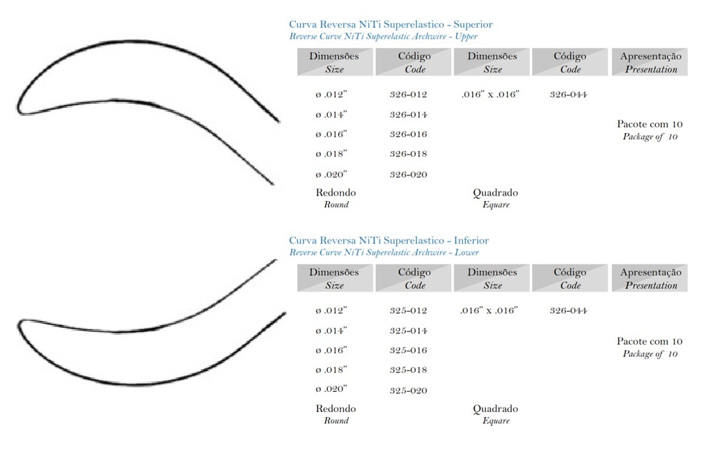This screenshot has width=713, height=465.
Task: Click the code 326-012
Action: [408, 95]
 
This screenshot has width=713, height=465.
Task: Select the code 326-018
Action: [408, 154]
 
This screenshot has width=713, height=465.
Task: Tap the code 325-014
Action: [408, 331]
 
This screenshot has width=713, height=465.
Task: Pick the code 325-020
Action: [408, 391]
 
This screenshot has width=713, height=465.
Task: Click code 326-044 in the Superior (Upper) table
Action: [568, 95]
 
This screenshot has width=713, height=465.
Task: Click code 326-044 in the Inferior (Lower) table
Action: [568, 310]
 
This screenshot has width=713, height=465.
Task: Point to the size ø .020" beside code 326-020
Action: [331, 175]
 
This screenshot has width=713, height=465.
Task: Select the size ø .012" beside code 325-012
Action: [331, 310]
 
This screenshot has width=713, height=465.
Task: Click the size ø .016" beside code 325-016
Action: [331, 350]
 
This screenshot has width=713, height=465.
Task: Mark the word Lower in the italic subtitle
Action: [466, 253]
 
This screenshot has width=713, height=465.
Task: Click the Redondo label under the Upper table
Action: [336, 192]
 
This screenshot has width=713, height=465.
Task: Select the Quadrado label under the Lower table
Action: [495, 409]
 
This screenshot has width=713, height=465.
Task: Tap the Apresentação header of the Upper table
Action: [650, 56]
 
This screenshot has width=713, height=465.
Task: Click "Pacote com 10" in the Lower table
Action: [650, 341]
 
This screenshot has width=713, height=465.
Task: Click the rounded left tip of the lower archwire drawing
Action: [20, 325]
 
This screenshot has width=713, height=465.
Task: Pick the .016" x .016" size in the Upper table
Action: [490, 95]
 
